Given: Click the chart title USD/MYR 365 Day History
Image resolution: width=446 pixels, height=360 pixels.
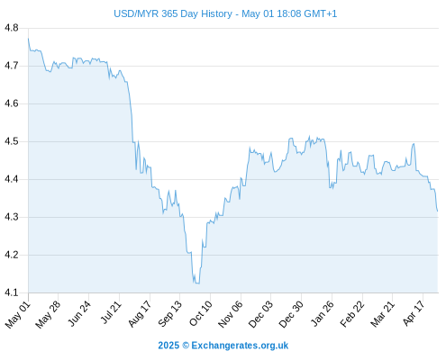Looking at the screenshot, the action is [x=173, y=13].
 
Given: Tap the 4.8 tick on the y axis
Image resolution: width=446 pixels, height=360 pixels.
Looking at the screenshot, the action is [x=12, y=28].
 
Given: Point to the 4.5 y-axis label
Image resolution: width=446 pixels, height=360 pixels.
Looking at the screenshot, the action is [x=12, y=141].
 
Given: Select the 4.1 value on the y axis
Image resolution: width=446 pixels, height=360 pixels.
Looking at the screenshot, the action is [x=12, y=292].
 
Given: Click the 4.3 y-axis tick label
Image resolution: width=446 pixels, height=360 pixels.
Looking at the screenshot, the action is [x=12, y=217].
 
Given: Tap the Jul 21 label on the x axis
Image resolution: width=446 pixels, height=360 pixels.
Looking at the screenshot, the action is [x=111, y=312].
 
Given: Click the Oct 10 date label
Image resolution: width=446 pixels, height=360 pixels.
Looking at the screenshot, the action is [x=200, y=313].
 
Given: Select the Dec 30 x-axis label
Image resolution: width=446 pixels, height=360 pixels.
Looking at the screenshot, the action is [x=291, y=314].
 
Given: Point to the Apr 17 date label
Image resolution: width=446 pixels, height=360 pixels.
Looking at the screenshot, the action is [x=414, y=313].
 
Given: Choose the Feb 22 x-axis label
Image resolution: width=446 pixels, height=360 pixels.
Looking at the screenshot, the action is [x=352, y=314].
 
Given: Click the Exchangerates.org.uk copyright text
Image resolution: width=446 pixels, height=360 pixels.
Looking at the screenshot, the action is [x=240, y=346].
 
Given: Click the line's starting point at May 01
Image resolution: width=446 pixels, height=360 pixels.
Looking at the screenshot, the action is [x=28, y=39].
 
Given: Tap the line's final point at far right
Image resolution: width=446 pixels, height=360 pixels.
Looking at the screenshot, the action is [x=438, y=211].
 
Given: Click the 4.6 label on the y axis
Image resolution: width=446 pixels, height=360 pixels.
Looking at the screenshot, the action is [x=12, y=103].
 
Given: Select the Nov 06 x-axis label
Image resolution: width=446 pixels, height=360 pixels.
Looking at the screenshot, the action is [x=230, y=314].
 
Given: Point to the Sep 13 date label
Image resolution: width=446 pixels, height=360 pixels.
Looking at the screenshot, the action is [x=169, y=314].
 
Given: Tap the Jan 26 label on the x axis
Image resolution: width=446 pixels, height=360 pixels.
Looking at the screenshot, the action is [x=322, y=313].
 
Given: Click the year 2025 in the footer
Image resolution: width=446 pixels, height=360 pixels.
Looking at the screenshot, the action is [x=168, y=346].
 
